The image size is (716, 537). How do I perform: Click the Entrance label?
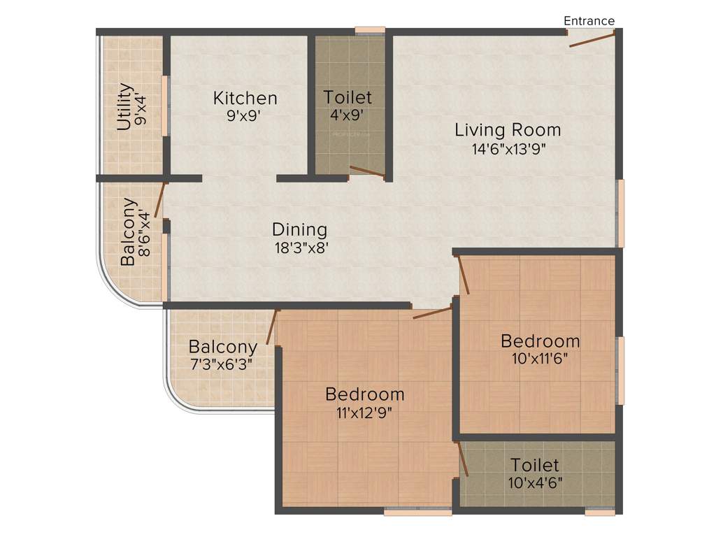[x=589, y=21]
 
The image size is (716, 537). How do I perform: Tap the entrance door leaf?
[x=592, y=39]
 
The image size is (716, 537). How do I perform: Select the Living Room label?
[x=508, y=129]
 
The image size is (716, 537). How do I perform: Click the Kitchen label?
[x=245, y=98]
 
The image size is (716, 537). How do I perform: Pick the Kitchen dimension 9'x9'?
[x=243, y=115]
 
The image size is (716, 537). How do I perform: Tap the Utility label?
[x=124, y=107]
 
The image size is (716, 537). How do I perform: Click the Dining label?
[x=299, y=229]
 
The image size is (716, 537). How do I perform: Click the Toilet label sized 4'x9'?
[x=348, y=97]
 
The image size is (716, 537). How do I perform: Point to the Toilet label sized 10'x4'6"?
[x=534, y=465]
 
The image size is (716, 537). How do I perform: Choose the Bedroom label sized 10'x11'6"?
[x=540, y=341]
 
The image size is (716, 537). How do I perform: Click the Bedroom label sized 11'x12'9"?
[x=364, y=394]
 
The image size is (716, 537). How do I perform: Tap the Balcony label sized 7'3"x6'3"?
[x=223, y=347]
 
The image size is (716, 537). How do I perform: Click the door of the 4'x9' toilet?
[x=367, y=171]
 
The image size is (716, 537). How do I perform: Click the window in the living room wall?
[x=620, y=213]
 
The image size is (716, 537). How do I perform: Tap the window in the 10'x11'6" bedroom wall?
[x=620, y=370]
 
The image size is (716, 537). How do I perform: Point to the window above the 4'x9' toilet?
[x=369, y=30]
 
